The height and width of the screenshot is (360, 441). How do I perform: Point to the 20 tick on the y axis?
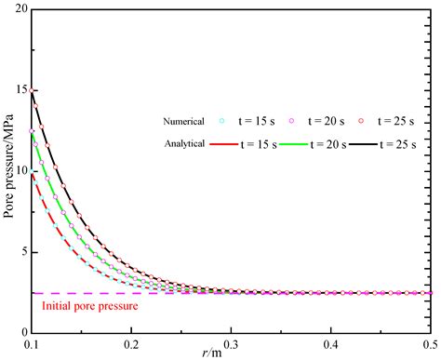[19, 10]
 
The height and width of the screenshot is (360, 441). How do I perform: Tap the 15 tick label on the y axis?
[19, 90]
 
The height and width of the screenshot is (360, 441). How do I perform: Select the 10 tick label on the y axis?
[19, 171]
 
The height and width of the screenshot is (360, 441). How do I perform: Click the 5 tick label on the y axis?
[22, 251]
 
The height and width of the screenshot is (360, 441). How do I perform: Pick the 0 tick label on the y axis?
[22, 332]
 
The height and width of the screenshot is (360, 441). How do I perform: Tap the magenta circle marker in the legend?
[316, 120]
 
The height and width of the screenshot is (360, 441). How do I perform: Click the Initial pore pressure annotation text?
[89, 305]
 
